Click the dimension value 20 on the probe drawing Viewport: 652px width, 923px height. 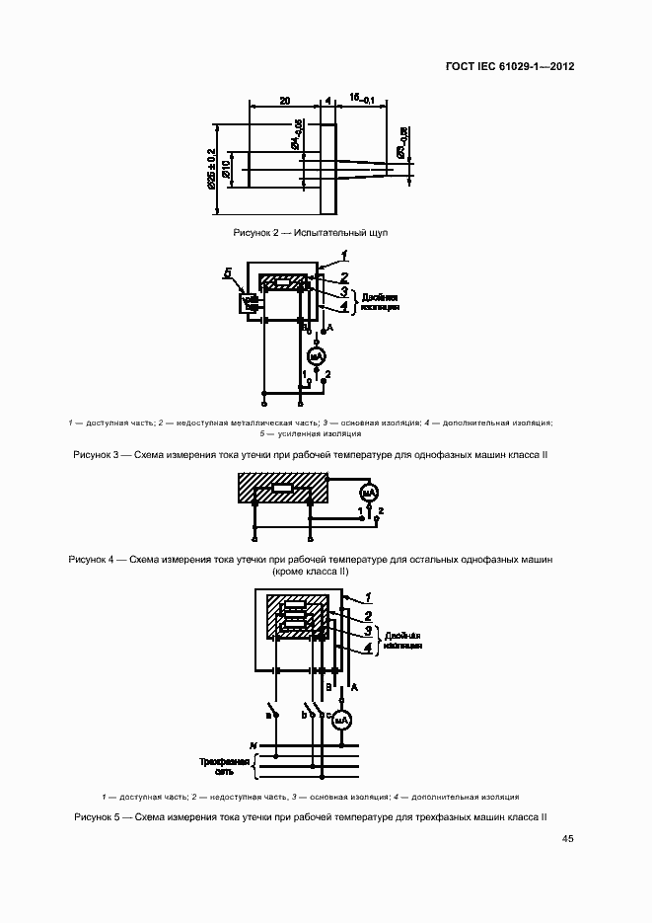pos(284,101)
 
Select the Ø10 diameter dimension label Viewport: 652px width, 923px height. pos(227,168)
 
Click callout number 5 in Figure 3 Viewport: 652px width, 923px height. pos(228,271)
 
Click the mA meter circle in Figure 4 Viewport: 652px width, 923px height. pos(367,492)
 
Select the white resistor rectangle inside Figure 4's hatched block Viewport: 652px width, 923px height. pos(282,489)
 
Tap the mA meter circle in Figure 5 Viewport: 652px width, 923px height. pos(341,722)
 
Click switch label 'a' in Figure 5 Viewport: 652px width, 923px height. pos(267,713)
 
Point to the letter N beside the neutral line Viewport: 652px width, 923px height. pos(253,743)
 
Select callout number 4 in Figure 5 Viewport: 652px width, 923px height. pos(367,647)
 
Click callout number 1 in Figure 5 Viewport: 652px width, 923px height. pos(367,596)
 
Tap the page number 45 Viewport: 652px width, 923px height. pos(568,839)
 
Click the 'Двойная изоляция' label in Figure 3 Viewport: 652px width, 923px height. pos(380,301)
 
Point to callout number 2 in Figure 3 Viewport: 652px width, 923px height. pos(344,277)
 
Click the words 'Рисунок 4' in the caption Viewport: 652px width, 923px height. pos(94,560)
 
